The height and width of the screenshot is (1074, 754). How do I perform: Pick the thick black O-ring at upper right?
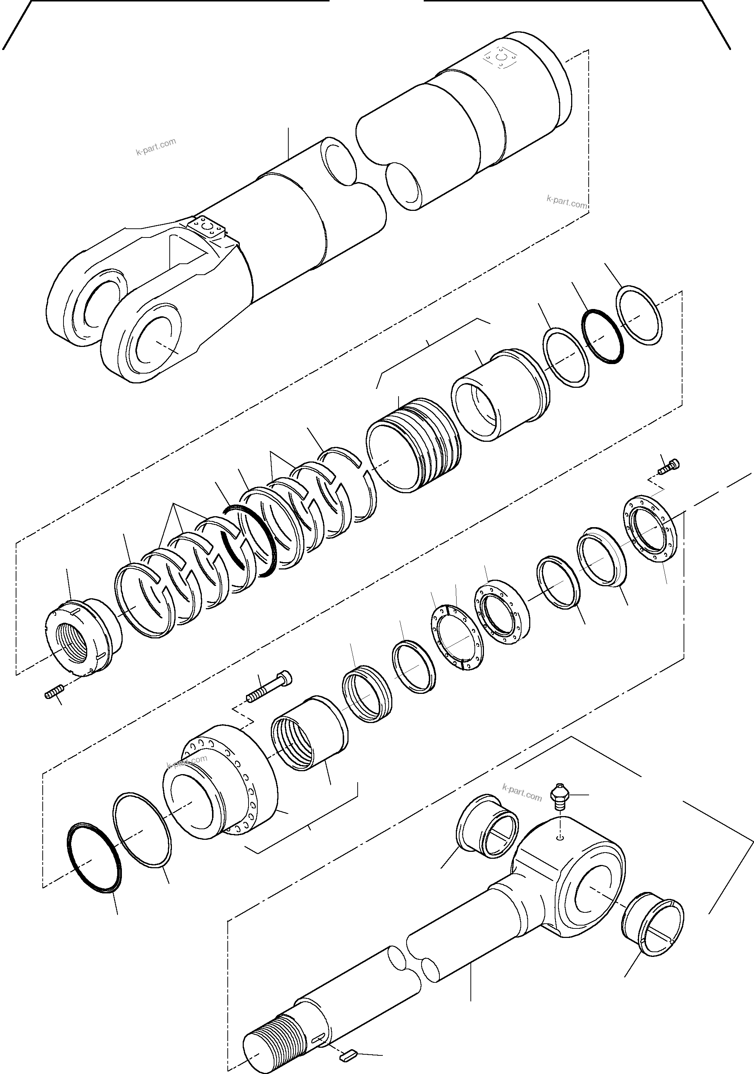[x=603, y=336]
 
